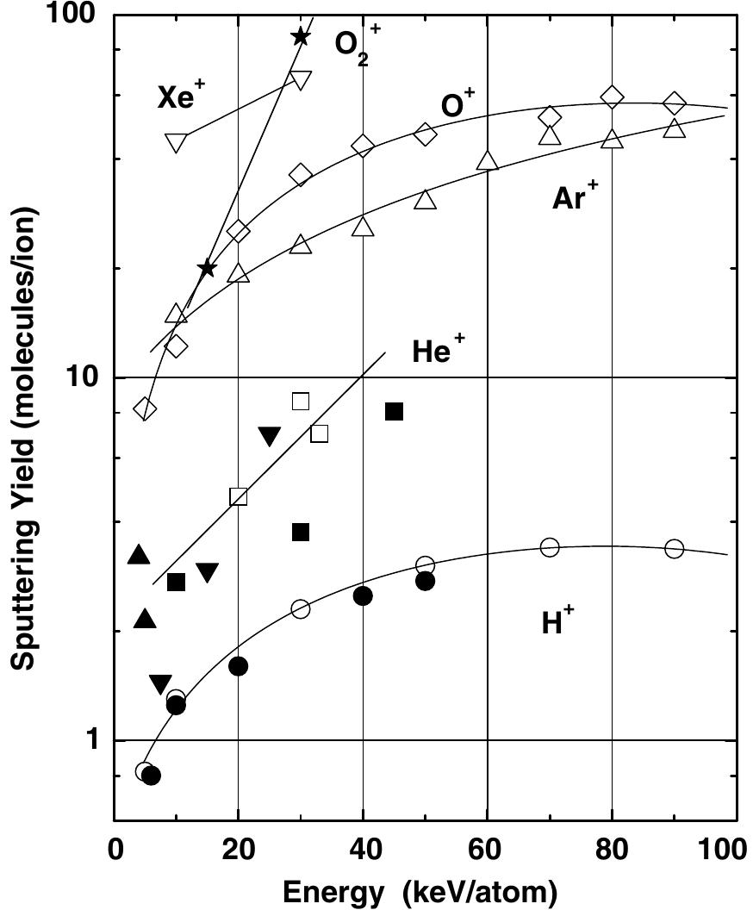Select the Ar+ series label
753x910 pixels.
(576, 197)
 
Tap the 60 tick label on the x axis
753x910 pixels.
(487, 851)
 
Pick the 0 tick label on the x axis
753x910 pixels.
(114, 851)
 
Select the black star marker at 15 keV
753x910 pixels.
(207, 269)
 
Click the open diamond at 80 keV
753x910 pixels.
(612, 97)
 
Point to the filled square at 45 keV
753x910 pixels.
(394, 412)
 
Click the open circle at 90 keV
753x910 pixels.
(674, 548)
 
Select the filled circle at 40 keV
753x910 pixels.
(363, 595)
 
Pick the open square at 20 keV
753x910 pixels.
(239, 496)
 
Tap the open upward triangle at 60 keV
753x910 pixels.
(488, 160)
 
